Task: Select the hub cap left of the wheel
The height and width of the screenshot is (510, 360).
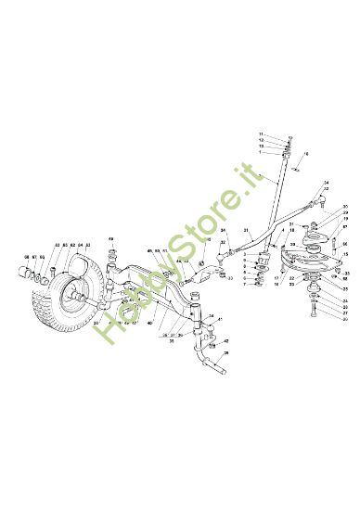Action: [21, 272]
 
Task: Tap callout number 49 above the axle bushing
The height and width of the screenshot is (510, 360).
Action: [111, 240]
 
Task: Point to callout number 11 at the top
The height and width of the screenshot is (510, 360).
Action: [261, 134]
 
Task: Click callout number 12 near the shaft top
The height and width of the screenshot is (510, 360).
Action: [261, 141]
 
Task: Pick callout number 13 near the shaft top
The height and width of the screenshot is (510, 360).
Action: [261, 147]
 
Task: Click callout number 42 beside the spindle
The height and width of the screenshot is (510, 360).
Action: [225, 342]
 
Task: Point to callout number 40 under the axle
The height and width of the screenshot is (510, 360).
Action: [149, 323]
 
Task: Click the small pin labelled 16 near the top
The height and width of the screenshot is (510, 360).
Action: [296, 169]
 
